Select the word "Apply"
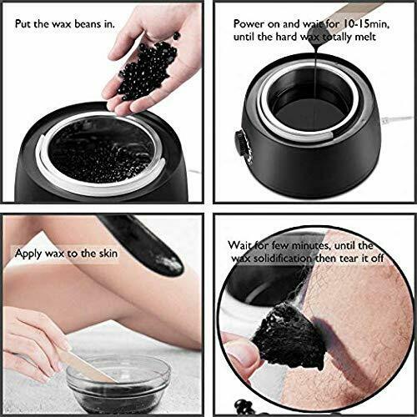click(x=28, y=251)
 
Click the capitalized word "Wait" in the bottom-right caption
click(x=243, y=246)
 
